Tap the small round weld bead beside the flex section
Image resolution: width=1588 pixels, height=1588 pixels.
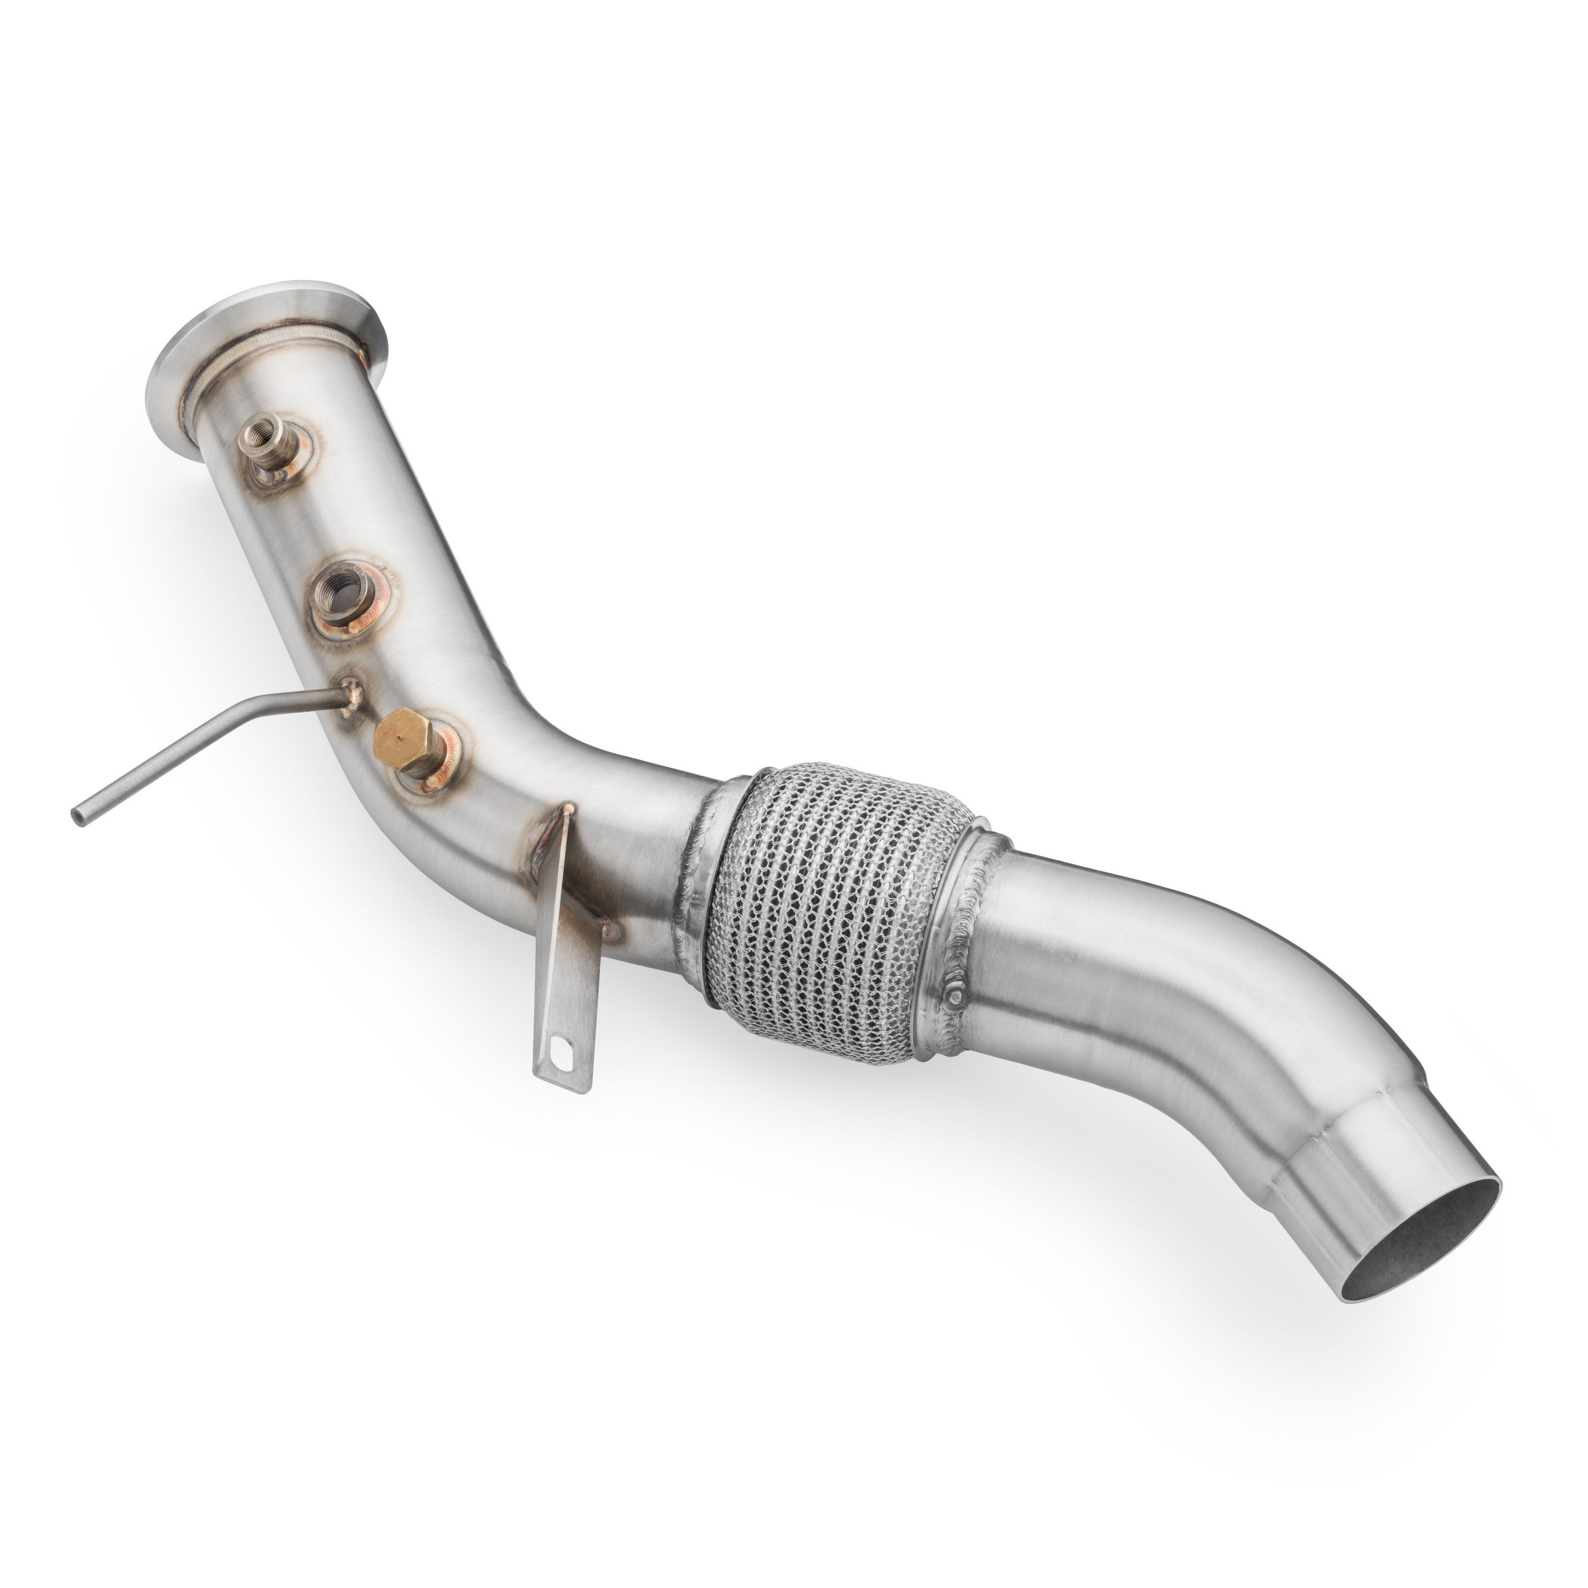click(958, 996)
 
